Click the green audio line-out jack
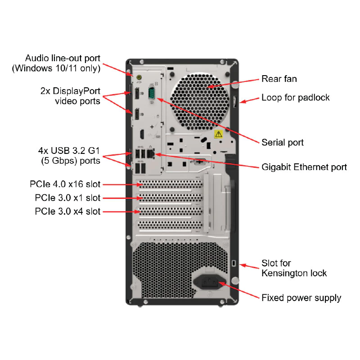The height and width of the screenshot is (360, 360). (x=139, y=77)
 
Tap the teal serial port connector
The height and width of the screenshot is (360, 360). (x=152, y=94)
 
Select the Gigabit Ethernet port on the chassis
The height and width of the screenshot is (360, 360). (x=151, y=153)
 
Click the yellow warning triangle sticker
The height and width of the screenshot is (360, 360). (x=219, y=134)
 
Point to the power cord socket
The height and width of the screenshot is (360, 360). (x=210, y=282)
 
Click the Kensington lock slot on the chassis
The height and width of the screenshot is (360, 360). (x=234, y=263)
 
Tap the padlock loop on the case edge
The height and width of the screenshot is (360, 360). (x=235, y=102)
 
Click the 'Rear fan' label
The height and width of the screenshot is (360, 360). (x=279, y=79)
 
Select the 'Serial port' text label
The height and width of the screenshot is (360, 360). (x=283, y=142)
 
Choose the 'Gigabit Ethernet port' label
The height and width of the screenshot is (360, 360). (x=304, y=167)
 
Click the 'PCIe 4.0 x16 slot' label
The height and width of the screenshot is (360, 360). (x=65, y=184)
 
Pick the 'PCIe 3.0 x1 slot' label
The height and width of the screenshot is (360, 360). (x=68, y=198)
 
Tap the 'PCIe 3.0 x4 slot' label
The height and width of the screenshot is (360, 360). (x=68, y=211)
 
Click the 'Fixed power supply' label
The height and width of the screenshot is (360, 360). (x=301, y=298)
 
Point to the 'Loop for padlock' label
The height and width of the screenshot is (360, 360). (x=296, y=98)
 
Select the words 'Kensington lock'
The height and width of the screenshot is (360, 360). (x=294, y=273)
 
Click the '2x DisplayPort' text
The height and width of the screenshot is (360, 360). (x=70, y=91)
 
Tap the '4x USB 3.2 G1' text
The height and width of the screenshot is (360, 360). (x=69, y=151)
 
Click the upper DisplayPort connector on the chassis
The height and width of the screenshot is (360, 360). (x=137, y=94)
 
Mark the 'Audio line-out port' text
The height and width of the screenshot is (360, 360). (x=63, y=58)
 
